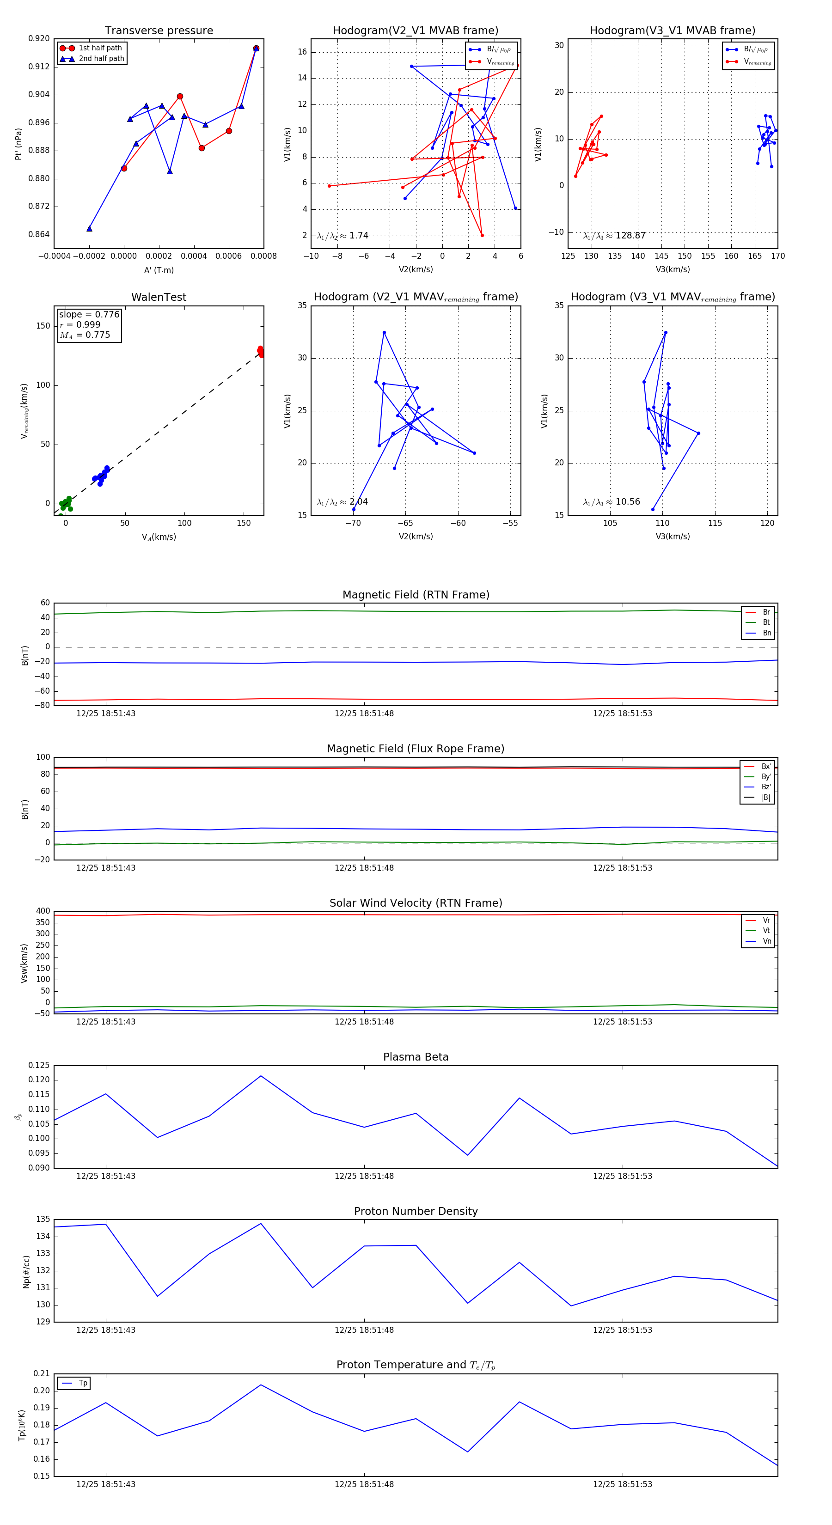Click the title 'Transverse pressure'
(x=159, y=31)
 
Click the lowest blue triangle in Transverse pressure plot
(x=89, y=228)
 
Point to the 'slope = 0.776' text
(x=89, y=314)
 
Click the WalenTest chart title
(x=159, y=297)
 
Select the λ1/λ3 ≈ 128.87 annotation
(x=614, y=236)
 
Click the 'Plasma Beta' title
(x=416, y=1057)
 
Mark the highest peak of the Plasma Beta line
(x=261, y=1076)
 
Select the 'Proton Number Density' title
(x=416, y=1211)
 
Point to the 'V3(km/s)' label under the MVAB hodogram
(x=673, y=269)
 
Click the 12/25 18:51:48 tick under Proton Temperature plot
(x=364, y=1484)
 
